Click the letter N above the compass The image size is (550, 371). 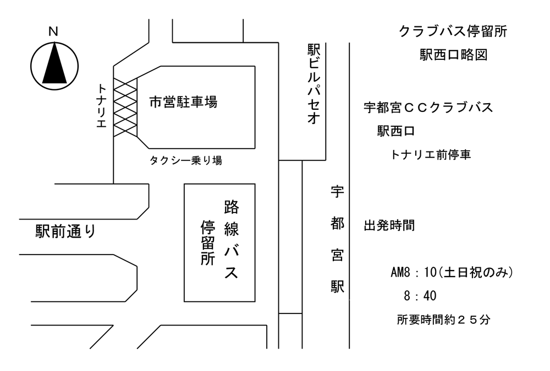53,32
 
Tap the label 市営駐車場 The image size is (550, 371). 184,102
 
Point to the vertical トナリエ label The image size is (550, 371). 101,105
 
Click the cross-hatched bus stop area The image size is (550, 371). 125,108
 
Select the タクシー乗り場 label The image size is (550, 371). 186,160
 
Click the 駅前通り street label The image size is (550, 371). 65,232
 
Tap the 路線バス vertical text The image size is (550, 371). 232,239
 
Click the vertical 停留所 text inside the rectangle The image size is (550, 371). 208,242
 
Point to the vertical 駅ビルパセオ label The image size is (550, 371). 314,84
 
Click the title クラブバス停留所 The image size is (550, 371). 453,31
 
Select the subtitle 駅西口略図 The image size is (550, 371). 454,54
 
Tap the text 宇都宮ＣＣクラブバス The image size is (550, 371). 428,107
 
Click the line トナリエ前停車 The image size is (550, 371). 431,154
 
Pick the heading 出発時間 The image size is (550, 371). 389,225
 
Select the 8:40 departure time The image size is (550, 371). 420,296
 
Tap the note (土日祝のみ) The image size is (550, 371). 476,272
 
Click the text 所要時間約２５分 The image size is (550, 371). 443,319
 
